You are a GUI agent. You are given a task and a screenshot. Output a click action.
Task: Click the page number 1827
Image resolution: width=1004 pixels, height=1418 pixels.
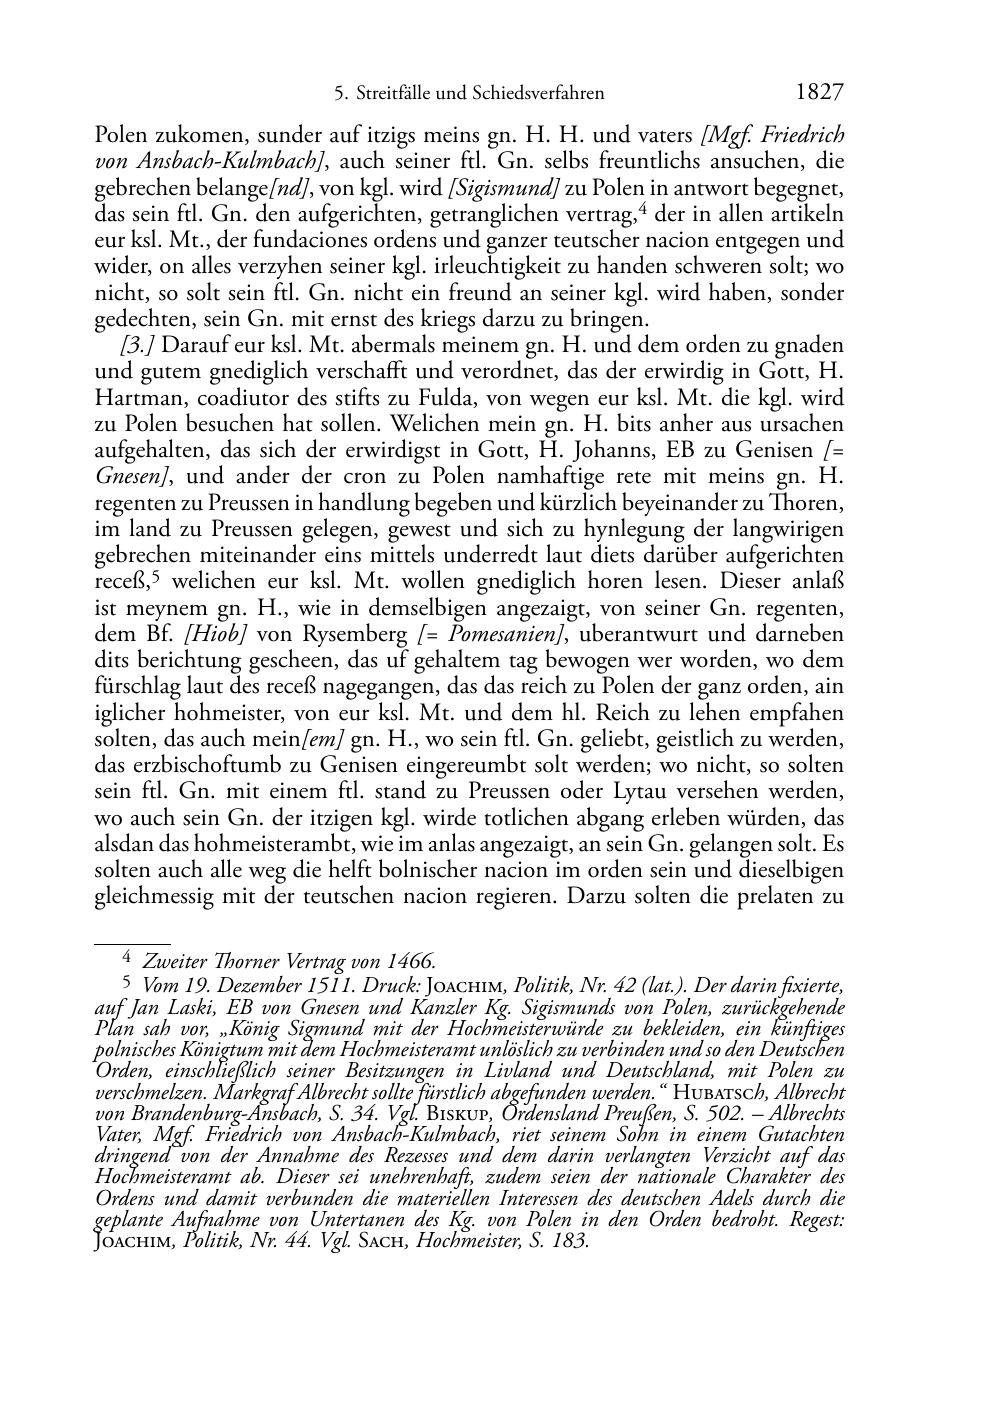tap(820, 93)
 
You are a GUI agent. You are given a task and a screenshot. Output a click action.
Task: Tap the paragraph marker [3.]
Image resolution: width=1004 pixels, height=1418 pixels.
tap(136, 346)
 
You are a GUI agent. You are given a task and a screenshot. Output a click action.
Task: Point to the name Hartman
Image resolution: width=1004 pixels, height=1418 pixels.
tap(130, 398)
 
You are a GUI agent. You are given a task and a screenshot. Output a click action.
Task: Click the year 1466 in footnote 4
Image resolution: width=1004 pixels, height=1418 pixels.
tap(411, 962)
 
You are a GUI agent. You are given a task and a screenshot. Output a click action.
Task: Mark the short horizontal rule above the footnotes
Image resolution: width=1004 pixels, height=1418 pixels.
tap(132, 941)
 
